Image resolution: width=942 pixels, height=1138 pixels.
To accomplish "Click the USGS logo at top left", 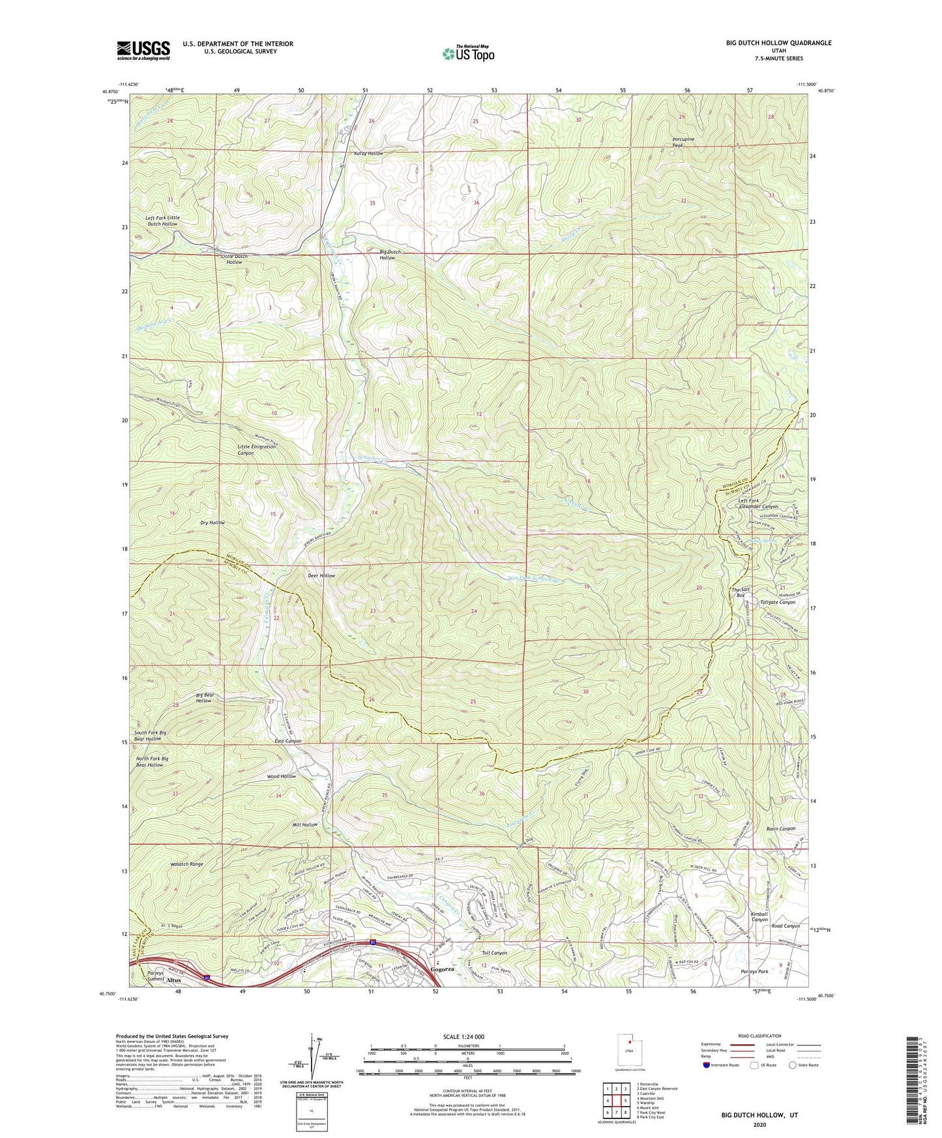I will pyautogui.click(x=143, y=50).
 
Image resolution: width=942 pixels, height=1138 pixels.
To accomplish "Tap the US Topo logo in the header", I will pyautogui.click(x=467, y=53).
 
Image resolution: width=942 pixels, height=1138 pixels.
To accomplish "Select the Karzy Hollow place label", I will pyautogui.click(x=368, y=153).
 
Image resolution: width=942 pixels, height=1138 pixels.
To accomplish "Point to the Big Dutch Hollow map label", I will pyautogui.click(x=388, y=254).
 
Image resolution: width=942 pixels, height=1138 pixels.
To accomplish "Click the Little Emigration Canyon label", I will pyautogui.click(x=255, y=449).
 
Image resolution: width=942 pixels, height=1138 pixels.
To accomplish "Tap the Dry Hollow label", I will pyautogui.click(x=213, y=523).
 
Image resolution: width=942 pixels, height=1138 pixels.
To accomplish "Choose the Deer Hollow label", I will pyautogui.click(x=321, y=576).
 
